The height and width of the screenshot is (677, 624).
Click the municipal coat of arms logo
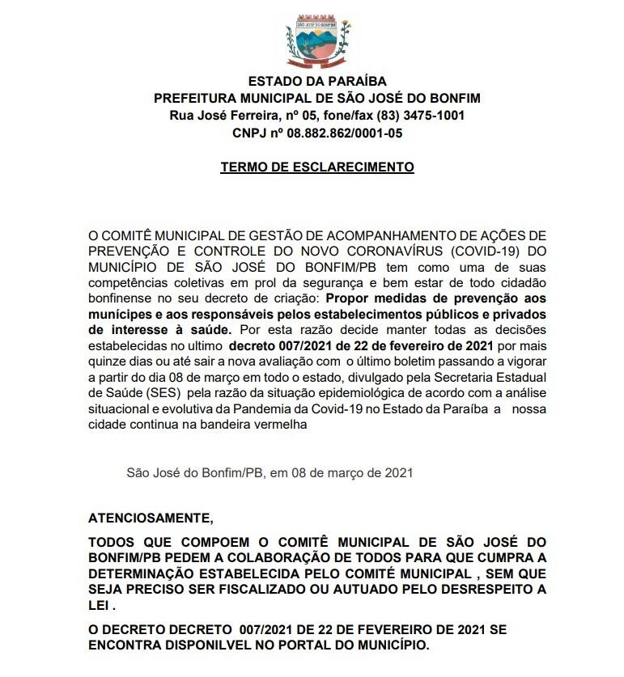(x=317, y=42)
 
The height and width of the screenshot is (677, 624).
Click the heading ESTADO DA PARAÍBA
(x=317, y=81)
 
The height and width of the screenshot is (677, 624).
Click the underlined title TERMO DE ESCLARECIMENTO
(x=317, y=167)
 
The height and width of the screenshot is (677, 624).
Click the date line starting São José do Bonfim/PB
(x=270, y=472)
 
